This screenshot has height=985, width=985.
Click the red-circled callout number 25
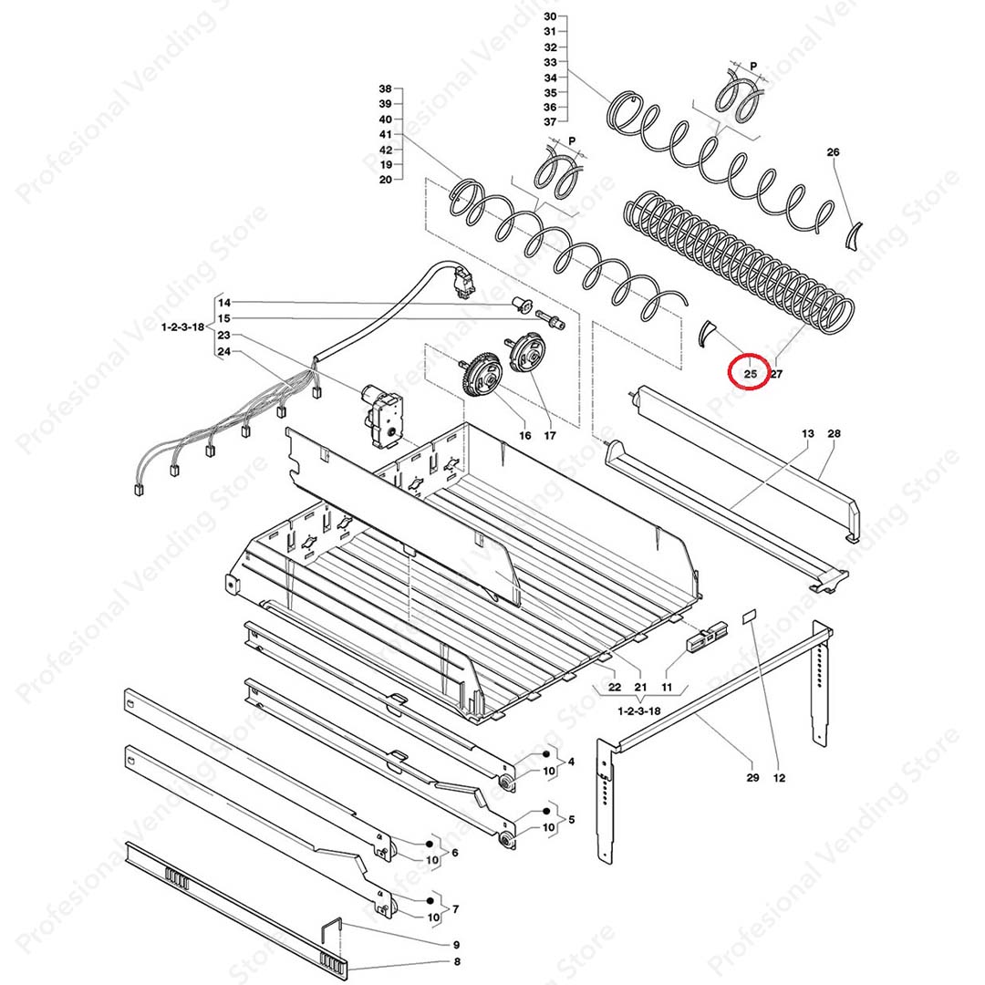751,374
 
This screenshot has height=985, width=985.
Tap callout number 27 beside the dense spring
777,374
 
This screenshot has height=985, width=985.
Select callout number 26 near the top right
833,152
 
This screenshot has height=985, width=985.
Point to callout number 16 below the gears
525,435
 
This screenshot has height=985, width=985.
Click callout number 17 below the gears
550,435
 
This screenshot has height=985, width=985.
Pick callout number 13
808,433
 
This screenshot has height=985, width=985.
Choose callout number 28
834,433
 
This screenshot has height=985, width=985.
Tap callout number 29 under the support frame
752,778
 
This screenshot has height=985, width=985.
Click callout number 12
779,778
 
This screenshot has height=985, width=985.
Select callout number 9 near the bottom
457,945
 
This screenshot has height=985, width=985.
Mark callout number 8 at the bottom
457,962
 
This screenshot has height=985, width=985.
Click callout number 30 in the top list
550,16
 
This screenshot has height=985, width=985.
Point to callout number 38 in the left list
385,88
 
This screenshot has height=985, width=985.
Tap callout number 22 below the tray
615,688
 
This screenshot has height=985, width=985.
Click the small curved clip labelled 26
853,235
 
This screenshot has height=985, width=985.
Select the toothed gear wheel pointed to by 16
482,375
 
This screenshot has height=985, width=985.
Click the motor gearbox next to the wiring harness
378,417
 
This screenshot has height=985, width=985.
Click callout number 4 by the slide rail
571,762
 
